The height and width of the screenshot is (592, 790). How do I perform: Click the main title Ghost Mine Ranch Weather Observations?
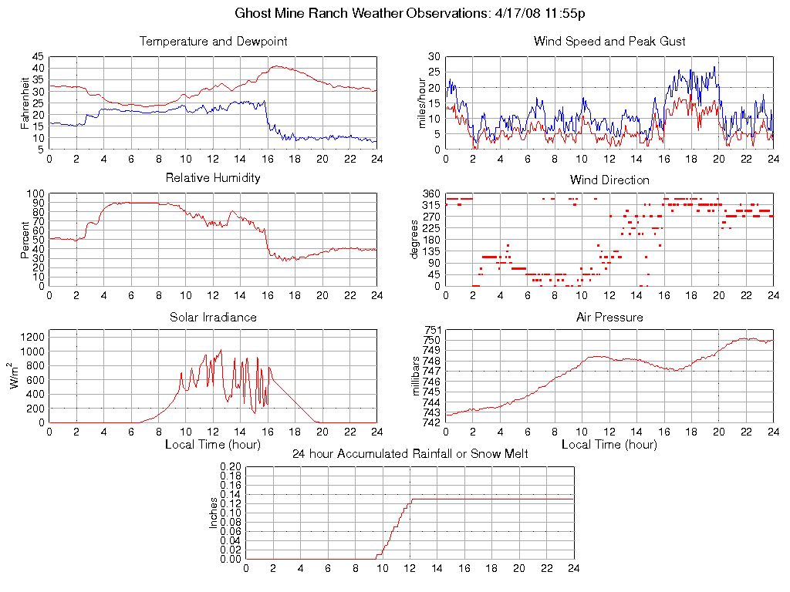tap(409, 13)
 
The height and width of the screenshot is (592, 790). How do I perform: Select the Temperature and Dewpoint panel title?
tap(213, 41)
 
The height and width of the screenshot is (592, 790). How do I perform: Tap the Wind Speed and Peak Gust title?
tap(609, 41)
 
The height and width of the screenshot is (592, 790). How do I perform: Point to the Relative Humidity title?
tap(213, 178)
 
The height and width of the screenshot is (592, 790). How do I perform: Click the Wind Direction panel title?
tap(609, 180)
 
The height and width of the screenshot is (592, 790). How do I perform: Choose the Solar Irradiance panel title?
tap(213, 317)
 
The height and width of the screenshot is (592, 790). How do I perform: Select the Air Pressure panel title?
tap(609, 317)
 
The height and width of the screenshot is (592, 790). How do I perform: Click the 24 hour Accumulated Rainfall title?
tap(410, 454)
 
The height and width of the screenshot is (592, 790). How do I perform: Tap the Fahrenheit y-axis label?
tap(25, 103)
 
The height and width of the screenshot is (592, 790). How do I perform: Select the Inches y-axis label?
tap(214, 513)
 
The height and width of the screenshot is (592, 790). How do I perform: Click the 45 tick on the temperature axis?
tap(38, 56)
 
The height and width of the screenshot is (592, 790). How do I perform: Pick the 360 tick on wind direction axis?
tap(431, 193)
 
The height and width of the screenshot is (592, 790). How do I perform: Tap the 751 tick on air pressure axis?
tap(431, 331)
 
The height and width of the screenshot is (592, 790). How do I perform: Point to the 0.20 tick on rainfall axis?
tap(231, 466)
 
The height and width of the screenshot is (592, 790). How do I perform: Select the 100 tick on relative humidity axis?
tap(35, 193)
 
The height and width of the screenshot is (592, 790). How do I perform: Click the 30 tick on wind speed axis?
tap(434, 56)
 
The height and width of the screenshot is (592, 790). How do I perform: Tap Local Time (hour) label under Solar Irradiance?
tap(213, 445)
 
